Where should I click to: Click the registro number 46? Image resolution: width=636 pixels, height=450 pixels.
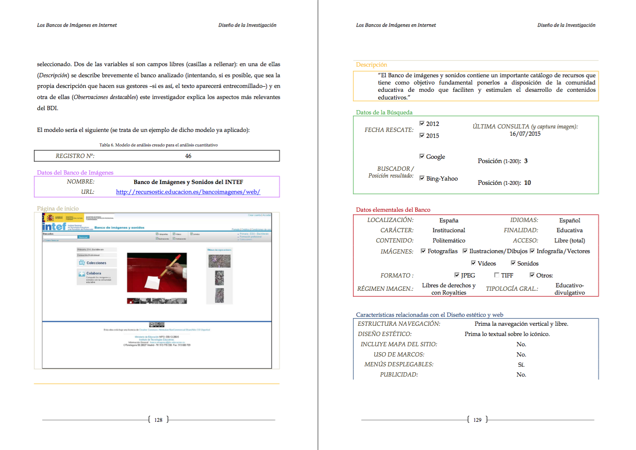click(188, 156)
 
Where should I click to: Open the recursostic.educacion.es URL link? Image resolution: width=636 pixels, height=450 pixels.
click(188, 192)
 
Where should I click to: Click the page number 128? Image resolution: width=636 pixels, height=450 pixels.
click(158, 420)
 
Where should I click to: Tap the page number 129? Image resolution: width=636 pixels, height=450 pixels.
click(477, 420)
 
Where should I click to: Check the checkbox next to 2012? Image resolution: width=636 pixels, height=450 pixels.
click(422, 123)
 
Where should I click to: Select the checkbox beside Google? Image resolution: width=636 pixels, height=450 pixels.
click(422, 156)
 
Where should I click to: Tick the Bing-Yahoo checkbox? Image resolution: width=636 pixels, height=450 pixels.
click(422, 178)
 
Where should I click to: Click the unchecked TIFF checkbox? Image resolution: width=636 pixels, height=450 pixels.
click(497, 275)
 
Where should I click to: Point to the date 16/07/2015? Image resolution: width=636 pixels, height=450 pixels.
click(525, 134)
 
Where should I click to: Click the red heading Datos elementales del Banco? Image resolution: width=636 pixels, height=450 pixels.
click(393, 210)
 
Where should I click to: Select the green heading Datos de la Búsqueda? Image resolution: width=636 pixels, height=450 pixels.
click(384, 112)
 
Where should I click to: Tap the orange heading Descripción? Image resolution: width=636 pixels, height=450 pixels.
click(371, 64)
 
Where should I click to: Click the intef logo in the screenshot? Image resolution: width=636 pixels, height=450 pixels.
click(54, 226)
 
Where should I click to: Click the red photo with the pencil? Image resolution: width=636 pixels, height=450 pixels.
click(157, 272)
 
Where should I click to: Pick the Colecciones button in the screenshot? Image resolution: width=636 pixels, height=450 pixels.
click(96, 263)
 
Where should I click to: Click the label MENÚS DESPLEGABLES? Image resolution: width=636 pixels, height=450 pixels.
click(399, 364)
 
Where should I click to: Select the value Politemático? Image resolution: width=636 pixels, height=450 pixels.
click(448, 241)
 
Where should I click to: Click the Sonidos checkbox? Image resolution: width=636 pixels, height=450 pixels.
click(513, 263)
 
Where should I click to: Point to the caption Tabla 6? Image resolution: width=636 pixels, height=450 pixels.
click(158, 145)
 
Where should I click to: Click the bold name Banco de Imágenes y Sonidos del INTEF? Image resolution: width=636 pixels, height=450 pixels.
click(188, 182)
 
